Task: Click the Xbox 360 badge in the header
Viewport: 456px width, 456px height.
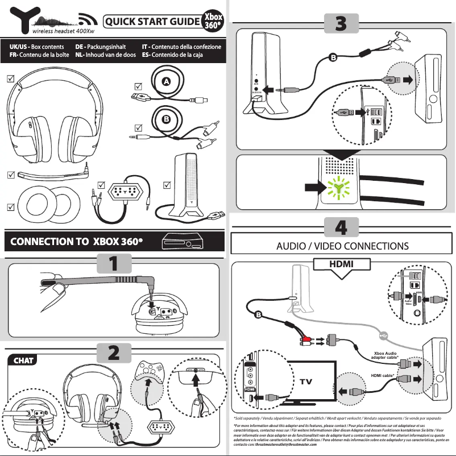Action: pos(213,22)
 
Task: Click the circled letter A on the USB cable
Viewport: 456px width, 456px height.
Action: pos(166,82)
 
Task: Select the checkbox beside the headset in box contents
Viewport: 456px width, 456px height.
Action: pos(10,79)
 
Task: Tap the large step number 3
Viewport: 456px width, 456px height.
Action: pos(340,23)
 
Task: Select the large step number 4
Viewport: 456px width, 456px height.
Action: pos(341,227)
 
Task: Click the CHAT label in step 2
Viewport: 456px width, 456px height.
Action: pos(23,360)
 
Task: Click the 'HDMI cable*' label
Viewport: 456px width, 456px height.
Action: pos(383,376)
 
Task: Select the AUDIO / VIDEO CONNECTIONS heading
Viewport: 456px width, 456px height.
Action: pos(342,246)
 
